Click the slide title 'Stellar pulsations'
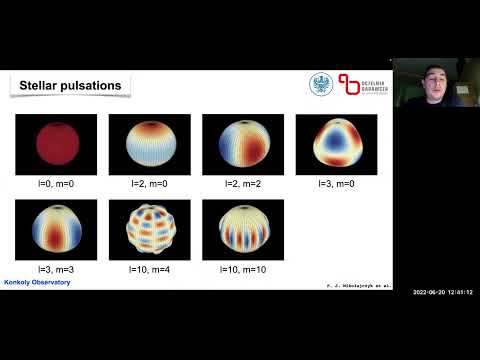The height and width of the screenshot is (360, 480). (x=70, y=86)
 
